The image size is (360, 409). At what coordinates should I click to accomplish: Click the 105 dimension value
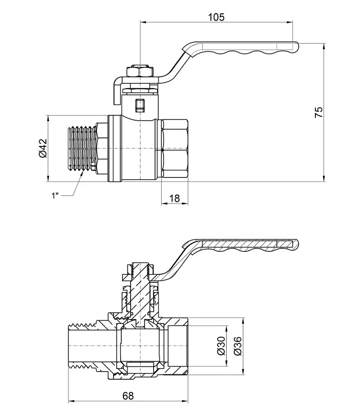click(216, 17)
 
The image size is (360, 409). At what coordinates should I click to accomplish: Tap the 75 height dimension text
click(319, 112)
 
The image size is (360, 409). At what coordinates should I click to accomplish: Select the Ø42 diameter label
click(43, 148)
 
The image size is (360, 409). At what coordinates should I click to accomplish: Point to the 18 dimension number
click(174, 199)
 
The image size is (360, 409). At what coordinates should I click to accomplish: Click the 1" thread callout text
click(55, 195)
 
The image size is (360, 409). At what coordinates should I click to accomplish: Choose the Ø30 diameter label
click(221, 346)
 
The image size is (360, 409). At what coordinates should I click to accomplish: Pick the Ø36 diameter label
click(238, 346)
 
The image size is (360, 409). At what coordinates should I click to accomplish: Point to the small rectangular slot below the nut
click(140, 105)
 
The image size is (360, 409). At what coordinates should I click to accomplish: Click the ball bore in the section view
click(140, 346)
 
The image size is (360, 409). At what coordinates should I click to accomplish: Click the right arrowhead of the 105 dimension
click(290, 22)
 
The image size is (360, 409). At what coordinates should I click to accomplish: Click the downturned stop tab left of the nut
click(118, 91)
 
